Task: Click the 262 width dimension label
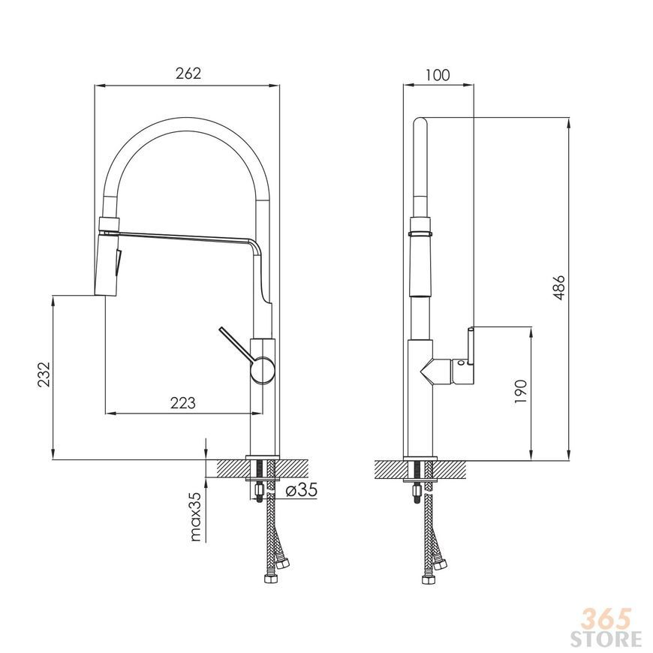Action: point(188,74)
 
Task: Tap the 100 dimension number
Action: point(438,75)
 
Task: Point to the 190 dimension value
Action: point(521,391)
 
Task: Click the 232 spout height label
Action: point(44,375)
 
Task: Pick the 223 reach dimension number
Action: point(183,403)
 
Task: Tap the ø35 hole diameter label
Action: point(301,489)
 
